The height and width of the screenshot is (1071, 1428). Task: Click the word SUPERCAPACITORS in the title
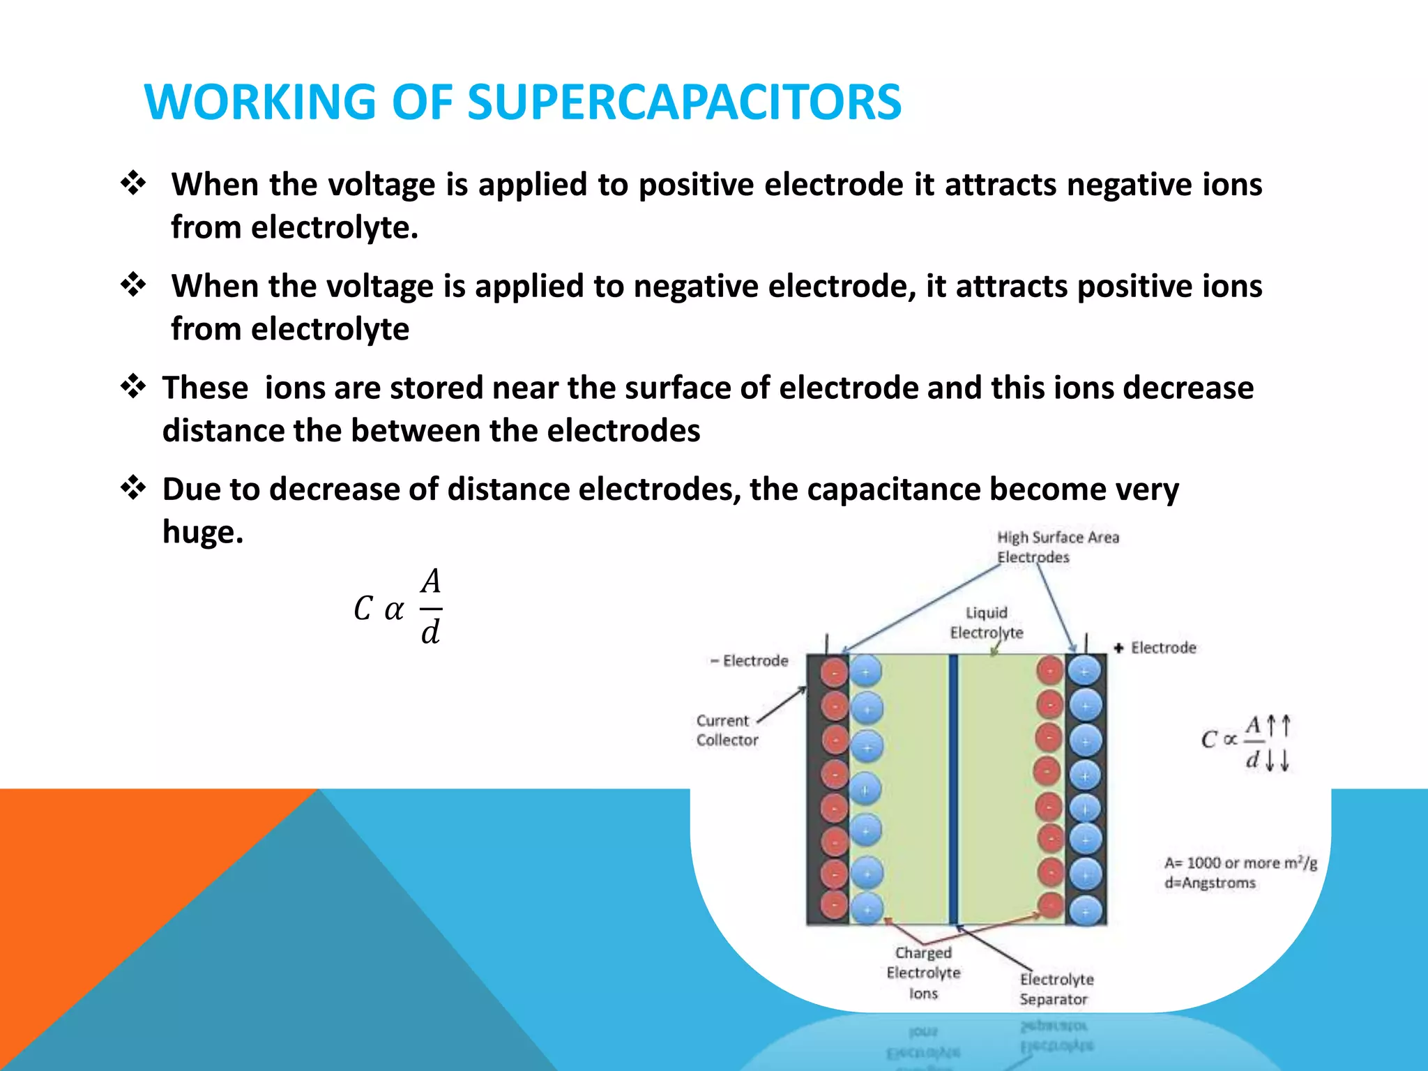click(x=684, y=102)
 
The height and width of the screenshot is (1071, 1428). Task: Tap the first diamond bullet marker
click(x=132, y=184)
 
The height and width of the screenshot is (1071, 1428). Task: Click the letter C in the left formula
click(x=363, y=609)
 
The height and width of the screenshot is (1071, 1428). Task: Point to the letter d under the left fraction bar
click(x=430, y=632)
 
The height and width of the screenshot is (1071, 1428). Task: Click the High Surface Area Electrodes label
click(x=1057, y=547)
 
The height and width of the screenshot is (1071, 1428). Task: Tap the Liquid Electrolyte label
click(x=986, y=623)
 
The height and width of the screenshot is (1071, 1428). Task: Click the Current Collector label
click(x=726, y=730)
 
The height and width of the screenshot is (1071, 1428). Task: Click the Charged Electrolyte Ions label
click(x=923, y=973)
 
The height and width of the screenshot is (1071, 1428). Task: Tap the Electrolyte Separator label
click(x=1056, y=989)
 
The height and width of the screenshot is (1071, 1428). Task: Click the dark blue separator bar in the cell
click(x=953, y=788)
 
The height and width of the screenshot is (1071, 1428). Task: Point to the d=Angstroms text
click(x=1210, y=883)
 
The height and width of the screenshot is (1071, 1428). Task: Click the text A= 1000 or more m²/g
click(x=1240, y=863)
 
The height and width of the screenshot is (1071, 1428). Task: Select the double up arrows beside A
click(x=1278, y=725)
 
